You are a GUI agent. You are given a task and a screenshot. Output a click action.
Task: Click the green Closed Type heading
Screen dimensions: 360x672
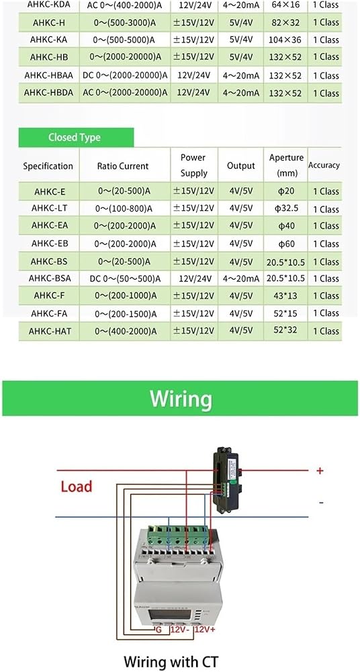(x=75, y=138)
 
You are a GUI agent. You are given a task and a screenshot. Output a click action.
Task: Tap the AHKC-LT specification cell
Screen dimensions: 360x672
(x=49, y=209)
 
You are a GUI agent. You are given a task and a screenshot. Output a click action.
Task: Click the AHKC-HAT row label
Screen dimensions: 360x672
(x=49, y=331)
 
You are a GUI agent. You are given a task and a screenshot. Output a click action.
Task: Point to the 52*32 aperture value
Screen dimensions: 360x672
(x=285, y=330)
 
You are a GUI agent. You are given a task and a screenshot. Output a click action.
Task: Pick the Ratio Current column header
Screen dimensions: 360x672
(x=122, y=166)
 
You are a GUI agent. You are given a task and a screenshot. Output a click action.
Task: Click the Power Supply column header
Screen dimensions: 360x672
(x=193, y=165)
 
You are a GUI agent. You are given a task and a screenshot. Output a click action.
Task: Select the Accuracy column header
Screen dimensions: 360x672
(x=324, y=165)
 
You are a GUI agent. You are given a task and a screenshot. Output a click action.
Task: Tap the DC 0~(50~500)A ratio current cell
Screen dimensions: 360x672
(x=125, y=279)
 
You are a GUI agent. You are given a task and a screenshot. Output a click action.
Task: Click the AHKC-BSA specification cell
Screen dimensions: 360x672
(x=50, y=278)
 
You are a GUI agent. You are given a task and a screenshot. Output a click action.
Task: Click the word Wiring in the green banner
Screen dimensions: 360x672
(x=181, y=398)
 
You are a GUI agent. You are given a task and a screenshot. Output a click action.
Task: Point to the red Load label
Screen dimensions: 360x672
(x=77, y=487)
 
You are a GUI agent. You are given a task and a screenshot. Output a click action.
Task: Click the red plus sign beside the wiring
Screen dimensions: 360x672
(x=319, y=470)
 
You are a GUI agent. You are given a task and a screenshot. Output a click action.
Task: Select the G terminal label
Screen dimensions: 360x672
(x=159, y=630)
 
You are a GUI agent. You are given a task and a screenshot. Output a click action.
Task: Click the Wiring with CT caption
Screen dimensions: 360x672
(x=171, y=661)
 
